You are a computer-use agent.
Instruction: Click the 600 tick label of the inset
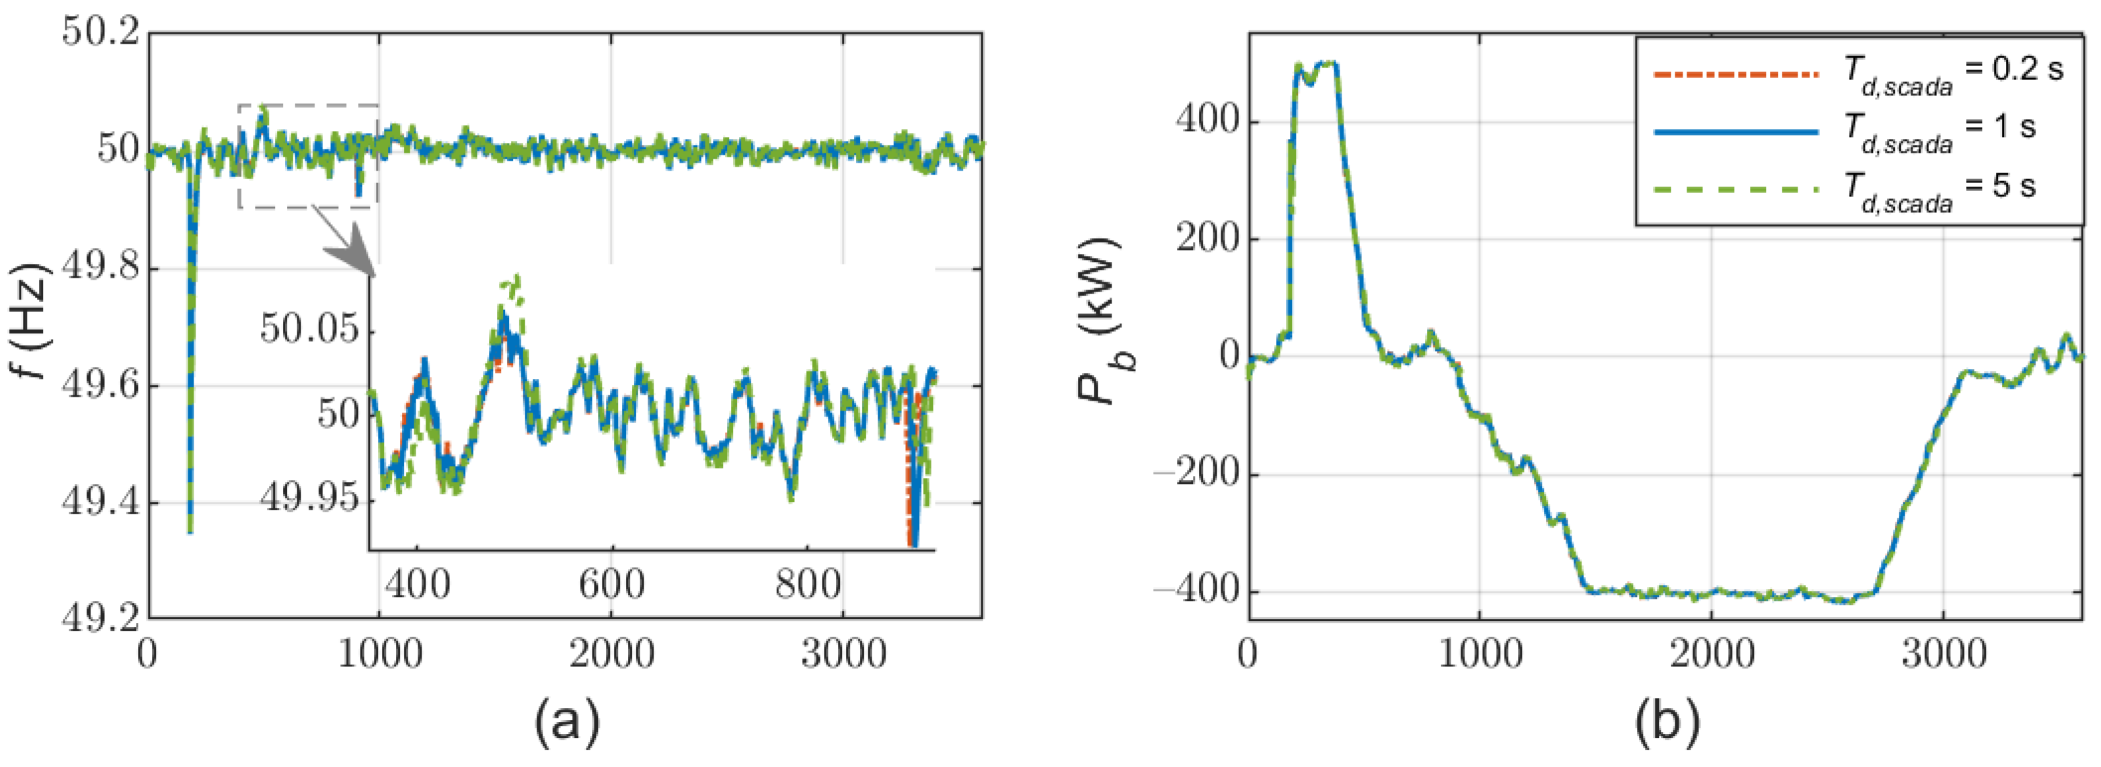pos(612,585)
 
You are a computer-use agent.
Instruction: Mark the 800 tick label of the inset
pos(808,585)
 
